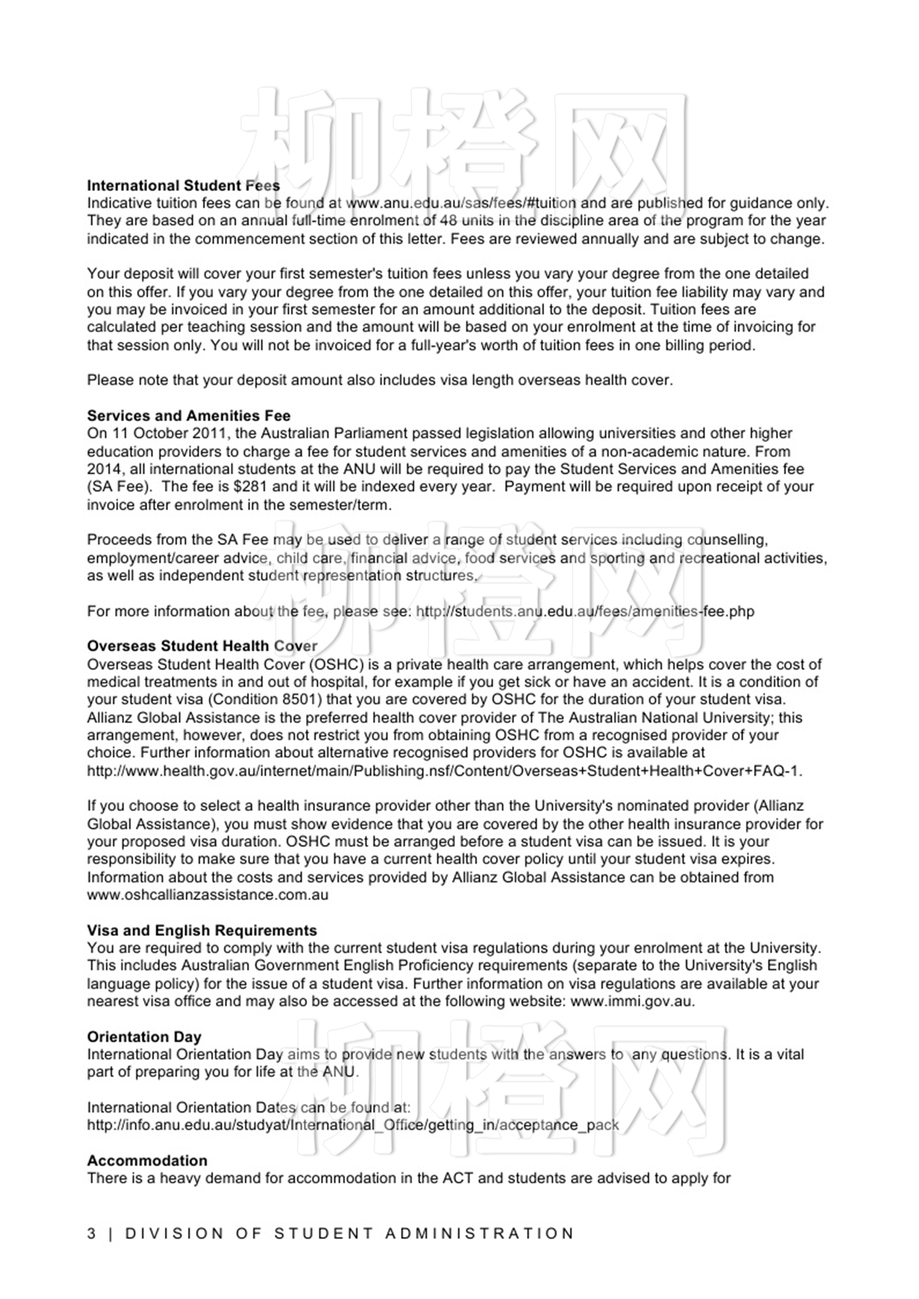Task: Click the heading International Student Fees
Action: tap(183, 186)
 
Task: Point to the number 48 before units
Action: tap(448, 221)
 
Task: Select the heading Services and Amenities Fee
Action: tap(188, 416)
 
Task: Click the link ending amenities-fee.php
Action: tap(585, 611)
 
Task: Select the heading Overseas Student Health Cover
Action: tap(202, 646)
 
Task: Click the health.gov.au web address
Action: tap(444, 771)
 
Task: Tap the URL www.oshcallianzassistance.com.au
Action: tap(207, 895)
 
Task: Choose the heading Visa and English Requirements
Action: tap(202, 930)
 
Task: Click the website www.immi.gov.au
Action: tap(631, 1002)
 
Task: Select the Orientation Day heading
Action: tap(144, 1037)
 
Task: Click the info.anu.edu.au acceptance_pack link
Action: tap(353, 1125)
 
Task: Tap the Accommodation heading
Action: tap(147, 1161)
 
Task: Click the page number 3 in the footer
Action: tap(91, 1233)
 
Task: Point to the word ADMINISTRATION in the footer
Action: tap(479, 1233)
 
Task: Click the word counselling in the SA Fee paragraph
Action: tap(727, 540)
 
